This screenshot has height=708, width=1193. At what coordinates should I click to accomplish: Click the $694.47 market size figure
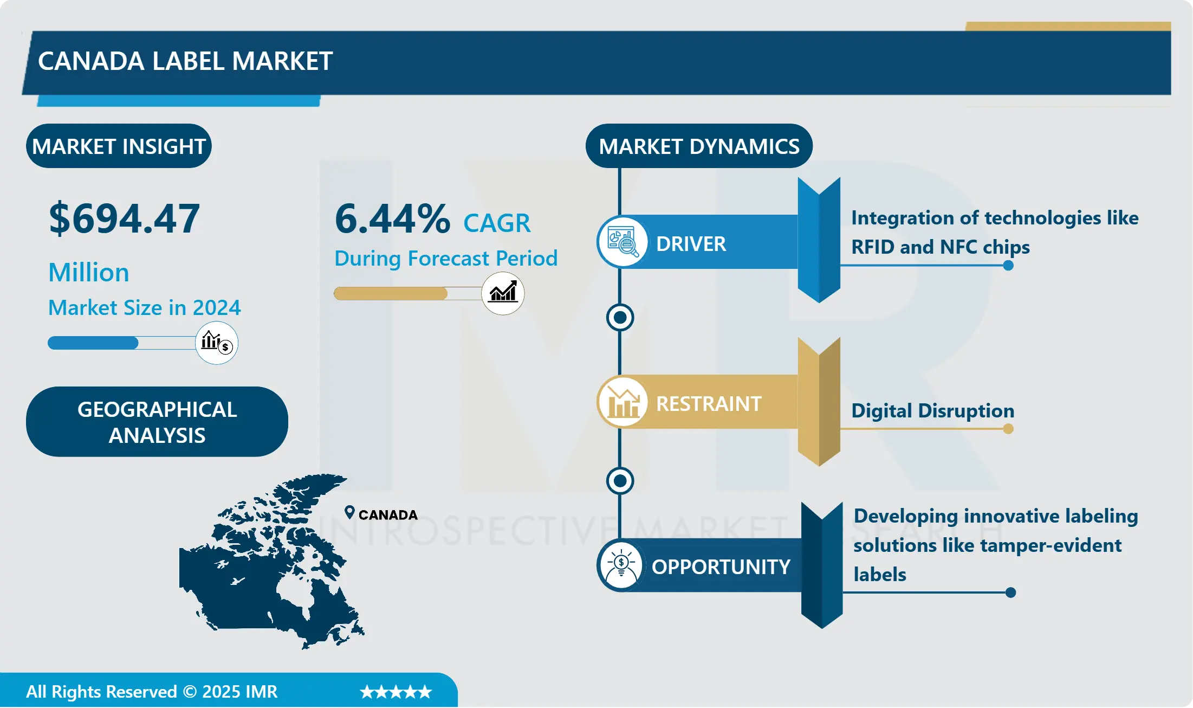[124, 218]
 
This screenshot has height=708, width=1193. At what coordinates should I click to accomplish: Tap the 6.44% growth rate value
[392, 218]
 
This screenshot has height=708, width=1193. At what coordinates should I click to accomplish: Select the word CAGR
[497, 223]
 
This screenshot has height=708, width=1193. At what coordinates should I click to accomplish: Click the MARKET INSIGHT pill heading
[119, 146]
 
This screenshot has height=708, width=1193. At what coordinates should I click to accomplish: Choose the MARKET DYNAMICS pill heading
[699, 146]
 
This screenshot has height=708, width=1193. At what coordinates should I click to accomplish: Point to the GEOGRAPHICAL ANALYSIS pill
[157, 422]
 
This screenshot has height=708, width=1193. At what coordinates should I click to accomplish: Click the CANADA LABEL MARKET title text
[185, 61]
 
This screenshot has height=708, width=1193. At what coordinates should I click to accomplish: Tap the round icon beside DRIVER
[622, 242]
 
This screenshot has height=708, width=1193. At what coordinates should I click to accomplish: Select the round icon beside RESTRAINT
[622, 402]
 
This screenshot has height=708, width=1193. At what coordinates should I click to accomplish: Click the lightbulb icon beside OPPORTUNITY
[621, 565]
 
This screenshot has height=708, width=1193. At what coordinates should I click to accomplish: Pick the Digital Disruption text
[932, 410]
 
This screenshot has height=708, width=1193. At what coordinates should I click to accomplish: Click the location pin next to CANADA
[349, 512]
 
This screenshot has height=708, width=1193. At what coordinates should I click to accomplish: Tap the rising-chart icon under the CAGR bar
[503, 293]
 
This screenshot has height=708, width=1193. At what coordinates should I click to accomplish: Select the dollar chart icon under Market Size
[217, 343]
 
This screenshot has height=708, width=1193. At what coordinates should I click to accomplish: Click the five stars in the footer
[395, 692]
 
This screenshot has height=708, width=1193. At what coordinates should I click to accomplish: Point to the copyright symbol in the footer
[190, 692]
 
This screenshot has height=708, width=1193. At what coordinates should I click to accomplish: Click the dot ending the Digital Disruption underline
[1008, 429]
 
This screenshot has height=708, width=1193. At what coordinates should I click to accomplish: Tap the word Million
[89, 272]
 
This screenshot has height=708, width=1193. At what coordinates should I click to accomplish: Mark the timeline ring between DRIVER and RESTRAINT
[620, 318]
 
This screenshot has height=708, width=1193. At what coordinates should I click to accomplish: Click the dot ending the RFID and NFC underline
[1008, 266]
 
